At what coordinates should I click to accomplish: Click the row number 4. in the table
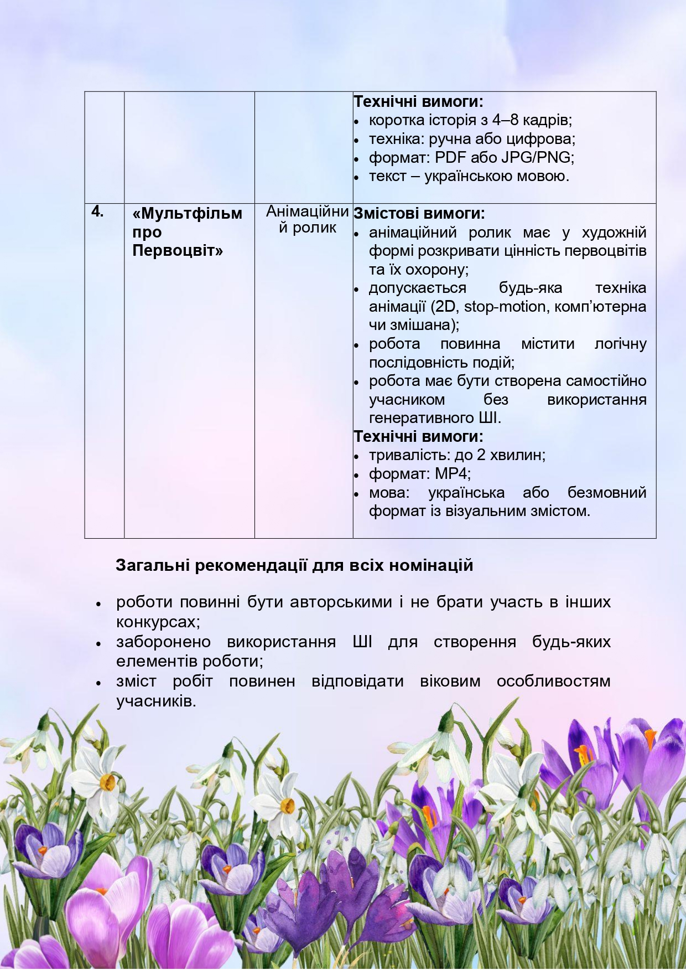[x=97, y=211]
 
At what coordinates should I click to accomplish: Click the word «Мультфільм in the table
[x=188, y=214]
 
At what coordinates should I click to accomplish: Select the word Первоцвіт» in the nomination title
[x=178, y=251]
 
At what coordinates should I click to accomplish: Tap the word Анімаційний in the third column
[x=307, y=211]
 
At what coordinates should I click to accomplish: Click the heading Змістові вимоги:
[x=419, y=213]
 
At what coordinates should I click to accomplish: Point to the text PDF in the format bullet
[x=450, y=157]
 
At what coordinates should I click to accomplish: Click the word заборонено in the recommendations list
[x=164, y=642]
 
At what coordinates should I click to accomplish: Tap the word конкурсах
[x=157, y=622]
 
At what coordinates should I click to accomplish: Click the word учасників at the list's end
[x=155, y=701]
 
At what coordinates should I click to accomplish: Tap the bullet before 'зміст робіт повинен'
[x=98, y=683]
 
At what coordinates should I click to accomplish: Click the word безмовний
[x=607, y=492]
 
